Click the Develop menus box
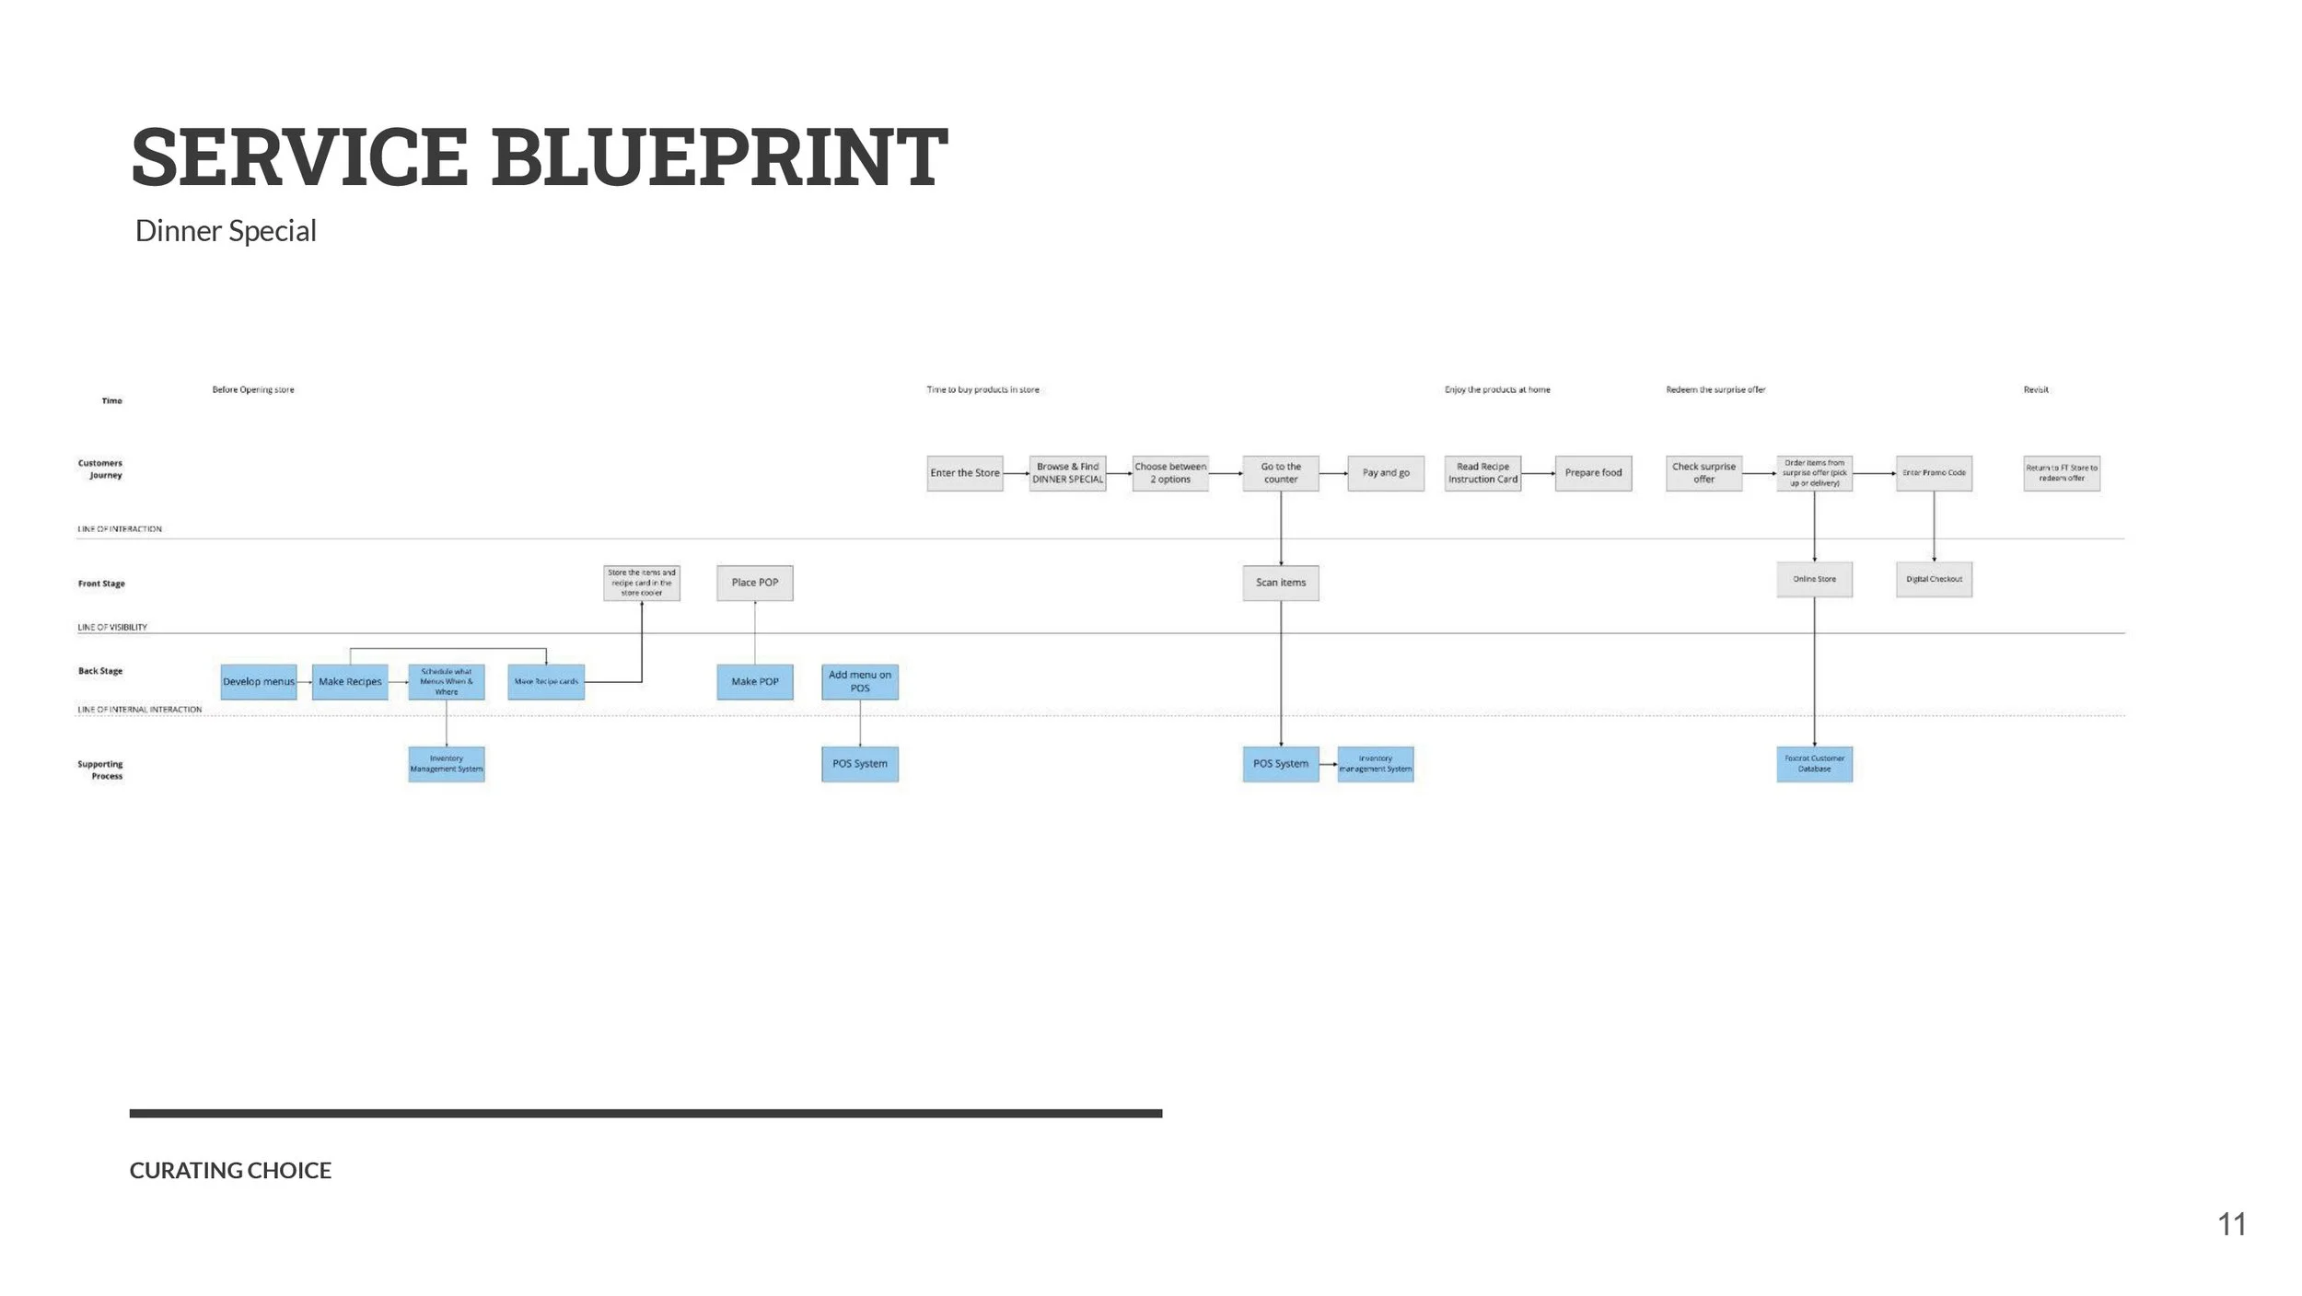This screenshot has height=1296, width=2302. click(259, 682)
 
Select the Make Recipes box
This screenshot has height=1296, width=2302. click(350, 682)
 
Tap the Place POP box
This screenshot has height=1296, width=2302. click(755, 583)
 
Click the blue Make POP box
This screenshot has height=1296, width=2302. click(755, 682)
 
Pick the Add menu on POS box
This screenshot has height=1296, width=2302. click(860, 682)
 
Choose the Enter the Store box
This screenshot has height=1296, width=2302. click(965, 473)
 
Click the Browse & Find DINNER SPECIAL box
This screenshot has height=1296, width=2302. click(1068, 473)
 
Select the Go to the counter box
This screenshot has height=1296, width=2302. click(1281, 473)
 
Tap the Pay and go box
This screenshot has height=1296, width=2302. click(1386, 473)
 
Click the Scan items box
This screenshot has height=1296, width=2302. click(1281, 583)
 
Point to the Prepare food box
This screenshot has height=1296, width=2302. click(1593, 473)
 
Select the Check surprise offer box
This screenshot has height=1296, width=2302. click(1703, 473)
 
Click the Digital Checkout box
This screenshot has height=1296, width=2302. click(1934, 580)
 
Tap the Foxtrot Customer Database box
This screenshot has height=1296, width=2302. click(1814, 764)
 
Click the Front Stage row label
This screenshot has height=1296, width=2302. click(101, 584)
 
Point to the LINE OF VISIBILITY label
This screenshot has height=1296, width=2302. click(112, 627)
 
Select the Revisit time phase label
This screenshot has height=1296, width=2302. click(2036, 389)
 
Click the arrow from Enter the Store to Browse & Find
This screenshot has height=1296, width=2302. click(1016, 473)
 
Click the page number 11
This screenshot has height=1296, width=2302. click(2231, 1224)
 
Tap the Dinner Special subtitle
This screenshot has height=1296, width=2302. click(226, 231)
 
